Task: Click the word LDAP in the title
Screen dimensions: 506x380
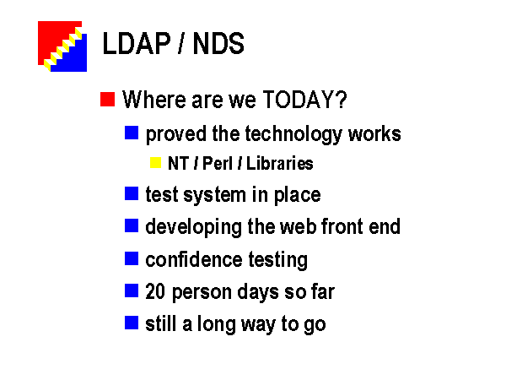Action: [x=137, y=43]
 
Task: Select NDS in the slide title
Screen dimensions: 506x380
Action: [x=218, y=43]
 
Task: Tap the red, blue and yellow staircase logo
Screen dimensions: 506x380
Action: [x=62, y=46]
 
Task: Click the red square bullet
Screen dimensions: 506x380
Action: [x=107, y=99]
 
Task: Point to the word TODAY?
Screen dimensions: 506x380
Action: [x=305, y=99]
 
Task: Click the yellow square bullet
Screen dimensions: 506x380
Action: [x=155, y=162]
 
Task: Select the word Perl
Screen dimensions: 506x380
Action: [x=218, y=163]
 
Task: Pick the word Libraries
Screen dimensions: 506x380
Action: [x=279, y=163]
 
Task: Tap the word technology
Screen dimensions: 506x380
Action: [x=293, y=134]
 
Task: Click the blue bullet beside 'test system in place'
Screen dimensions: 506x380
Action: [x=132, y=193]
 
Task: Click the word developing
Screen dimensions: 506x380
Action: [x=193, y=227]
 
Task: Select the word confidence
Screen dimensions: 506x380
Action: [x=194, y=259]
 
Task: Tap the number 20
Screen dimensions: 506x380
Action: [x=155, y=291]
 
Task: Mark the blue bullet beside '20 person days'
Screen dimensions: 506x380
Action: [x=132, y=290]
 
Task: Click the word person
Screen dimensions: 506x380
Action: [x=202, y=293]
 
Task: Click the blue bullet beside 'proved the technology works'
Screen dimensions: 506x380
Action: [x=132, y=133]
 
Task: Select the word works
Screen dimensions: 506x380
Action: [x=374, y=133]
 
